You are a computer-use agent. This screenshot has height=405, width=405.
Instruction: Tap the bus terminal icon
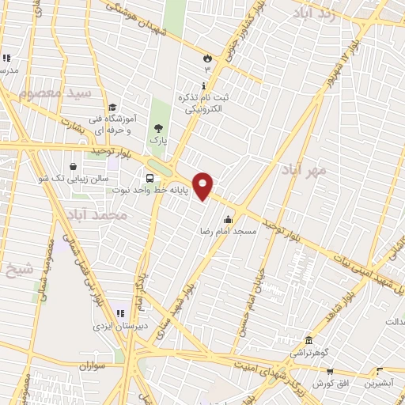point(150,177)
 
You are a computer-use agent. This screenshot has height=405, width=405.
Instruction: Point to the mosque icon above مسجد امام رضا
point(229,220)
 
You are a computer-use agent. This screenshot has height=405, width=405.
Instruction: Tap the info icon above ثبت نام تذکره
point(204,85)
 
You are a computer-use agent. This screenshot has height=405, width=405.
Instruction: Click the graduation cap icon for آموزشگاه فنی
point(112,107)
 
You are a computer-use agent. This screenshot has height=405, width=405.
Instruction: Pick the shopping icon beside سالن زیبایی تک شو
point(74,168)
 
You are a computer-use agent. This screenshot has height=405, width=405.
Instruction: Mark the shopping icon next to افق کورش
point(329,370)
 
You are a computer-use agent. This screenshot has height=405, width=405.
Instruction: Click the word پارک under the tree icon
point(159,141)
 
